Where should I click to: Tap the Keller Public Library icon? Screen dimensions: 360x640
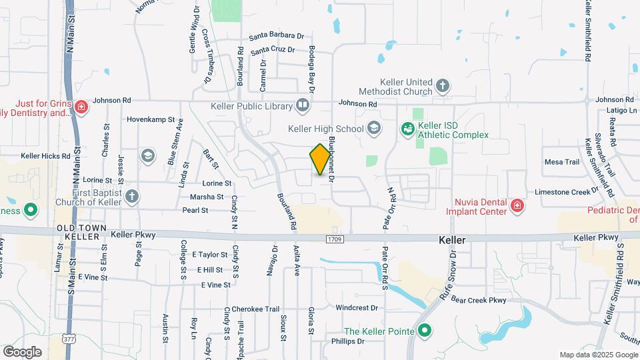pyautogui.click(x=303, y=105)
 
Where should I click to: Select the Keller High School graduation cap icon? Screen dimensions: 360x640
pyautogui.click(x=374, y=128)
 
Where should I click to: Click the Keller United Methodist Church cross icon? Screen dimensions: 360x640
pyautogui.click(x=443, y=85)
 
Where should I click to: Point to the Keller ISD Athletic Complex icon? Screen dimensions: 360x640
pyautogui.click(x=407, y=129)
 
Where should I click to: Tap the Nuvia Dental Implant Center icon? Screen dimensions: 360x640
pyautogui.click(x=516, y=206)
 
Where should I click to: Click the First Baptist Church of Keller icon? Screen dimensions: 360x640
pyautogui.click(x=132, y=196)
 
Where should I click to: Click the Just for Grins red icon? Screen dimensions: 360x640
pyautogui.click(x=81, y=106)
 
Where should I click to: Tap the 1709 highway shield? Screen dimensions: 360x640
pyautogui.click(x=335, y=239)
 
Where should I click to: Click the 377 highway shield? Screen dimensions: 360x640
pyautogui.click(x=70, y=338)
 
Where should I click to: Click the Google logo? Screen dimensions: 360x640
pyautogui.click(x=22, y=351)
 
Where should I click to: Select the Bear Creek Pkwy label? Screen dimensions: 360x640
pyautogui.click(x=479, y=300)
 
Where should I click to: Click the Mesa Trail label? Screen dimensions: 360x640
pyautogui.click(x=562, y=162)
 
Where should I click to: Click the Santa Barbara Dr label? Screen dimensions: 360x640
pyautogui.click(x=277, y=37)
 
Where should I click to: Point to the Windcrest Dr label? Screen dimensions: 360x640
pyautogui.click(x=357, y=308)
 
